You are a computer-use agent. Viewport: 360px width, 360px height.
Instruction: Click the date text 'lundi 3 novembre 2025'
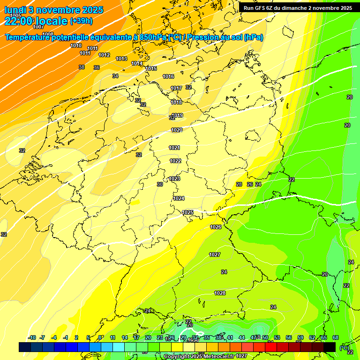click(54, 10)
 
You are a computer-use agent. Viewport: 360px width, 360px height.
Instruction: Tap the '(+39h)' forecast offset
click(82, 21)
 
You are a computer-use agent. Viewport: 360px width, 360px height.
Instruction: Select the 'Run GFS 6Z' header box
click(298, 8)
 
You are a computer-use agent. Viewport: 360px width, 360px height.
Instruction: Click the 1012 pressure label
click(104, 55)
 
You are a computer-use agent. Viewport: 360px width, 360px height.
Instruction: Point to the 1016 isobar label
click(168, 76)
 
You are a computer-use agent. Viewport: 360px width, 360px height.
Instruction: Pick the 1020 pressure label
click(177, 130)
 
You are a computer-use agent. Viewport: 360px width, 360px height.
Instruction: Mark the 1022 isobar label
click(175, 161)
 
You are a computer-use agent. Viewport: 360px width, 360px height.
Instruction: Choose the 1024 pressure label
click(179, 198)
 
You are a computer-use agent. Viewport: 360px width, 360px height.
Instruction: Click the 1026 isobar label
click(216, 227)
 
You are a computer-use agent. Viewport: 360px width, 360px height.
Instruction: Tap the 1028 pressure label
click(220, 293)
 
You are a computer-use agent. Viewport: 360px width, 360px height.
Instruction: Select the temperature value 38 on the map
click(82, 67)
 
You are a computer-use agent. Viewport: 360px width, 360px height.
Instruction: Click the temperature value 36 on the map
click(97, 68)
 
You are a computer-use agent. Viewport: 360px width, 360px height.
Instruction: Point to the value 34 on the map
click(115, 76)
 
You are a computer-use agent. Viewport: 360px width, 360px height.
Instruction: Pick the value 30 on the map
click(160, 185)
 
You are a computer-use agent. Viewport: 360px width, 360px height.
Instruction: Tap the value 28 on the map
click(239, 185)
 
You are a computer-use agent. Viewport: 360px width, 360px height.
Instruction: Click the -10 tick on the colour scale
click(32, 337)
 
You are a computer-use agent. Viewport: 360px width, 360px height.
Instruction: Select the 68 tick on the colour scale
click(336, 337)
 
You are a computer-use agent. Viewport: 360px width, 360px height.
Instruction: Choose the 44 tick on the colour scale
click(242, 337)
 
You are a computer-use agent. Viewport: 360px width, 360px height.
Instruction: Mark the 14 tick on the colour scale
click(125, 337)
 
